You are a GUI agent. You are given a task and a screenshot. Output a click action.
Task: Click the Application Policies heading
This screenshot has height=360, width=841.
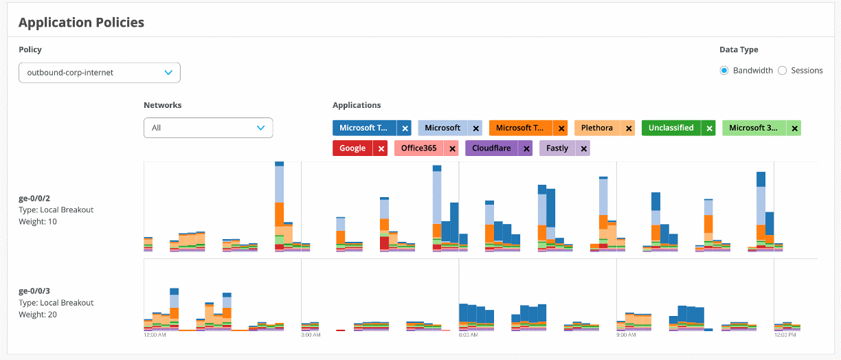81,23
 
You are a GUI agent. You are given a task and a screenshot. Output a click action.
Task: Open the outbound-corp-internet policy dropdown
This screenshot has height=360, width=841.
100,72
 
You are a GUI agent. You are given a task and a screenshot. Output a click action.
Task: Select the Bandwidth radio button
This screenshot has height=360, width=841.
724,70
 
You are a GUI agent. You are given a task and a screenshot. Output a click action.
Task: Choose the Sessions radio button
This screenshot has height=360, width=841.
782,70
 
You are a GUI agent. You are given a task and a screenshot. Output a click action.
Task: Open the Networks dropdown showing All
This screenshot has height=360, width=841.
208,128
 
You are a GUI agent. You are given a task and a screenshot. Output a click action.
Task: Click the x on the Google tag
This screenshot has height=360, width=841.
381,148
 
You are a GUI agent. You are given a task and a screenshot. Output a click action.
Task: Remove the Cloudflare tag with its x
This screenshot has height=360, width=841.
526,148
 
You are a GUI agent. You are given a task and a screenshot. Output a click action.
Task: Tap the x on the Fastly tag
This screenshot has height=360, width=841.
584,148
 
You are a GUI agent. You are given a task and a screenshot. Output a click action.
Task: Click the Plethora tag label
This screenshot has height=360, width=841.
596,128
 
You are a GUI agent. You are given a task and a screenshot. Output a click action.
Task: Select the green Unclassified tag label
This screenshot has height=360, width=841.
671,128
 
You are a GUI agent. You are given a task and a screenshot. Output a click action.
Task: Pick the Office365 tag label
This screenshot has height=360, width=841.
419,148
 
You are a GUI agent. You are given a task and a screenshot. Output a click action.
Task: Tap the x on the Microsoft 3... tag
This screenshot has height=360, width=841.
794,128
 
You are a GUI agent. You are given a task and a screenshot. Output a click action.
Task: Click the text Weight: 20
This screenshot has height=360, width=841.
38,315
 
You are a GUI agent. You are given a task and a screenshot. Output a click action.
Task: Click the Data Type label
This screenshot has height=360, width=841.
739,49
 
